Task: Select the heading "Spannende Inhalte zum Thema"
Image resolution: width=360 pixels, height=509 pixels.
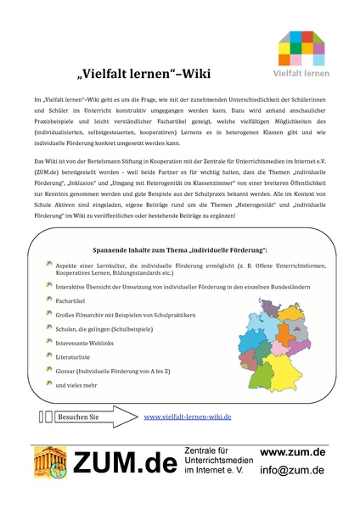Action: pos(179,250)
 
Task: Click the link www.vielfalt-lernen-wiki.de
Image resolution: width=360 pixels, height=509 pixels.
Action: pos(188,417)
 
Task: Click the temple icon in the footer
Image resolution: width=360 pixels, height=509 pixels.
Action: pos(50,463)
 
